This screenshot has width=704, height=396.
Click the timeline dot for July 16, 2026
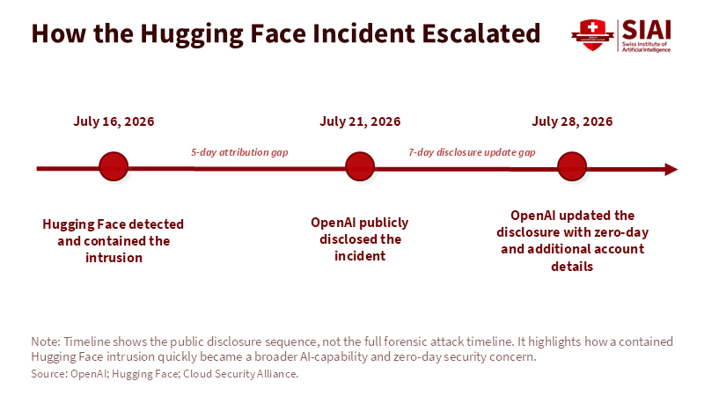pyautogui.click(x=114, y=166)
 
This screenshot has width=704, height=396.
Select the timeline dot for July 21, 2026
pyautogui.click(x=360, y=166)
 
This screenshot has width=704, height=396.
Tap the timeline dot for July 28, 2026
pyautogui.click(x=571, y=166)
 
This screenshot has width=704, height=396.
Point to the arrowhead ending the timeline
pyautogui.click(x=671, y=169)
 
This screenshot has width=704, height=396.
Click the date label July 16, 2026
pyautogui.click(x=114, y=121)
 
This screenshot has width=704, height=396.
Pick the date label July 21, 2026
pyautogui.click(x=360, y=121)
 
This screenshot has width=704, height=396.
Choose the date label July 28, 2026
pyautogui.click(x=572, y=121)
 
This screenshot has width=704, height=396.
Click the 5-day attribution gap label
pyautogui.click(x=239, y=152)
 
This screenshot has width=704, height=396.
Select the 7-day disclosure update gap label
pyautogui.click(x=472, y=152)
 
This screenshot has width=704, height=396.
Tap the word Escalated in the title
pyautogui.click(x=480, y=33)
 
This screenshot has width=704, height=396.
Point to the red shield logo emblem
pyautogui.click(x=592, y=34)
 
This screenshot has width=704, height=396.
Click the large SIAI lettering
pyautogui.click(x=646, y=30)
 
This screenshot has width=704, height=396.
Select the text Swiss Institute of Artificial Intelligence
pyautogui.click(x=646, y=47)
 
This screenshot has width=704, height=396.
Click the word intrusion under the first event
pyautogui.click(x=114, y=258)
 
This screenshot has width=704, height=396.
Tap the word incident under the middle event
pyautogui.click(x=360, y=256)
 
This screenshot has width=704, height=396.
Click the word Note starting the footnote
pyautogui.click(x=46, y=341)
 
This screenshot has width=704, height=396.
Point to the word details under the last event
pyautogui.click(x=572, y=267)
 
